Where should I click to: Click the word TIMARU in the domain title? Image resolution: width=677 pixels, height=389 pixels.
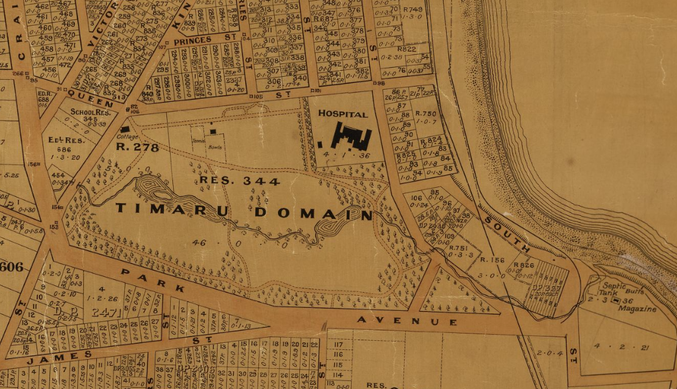click(171, 209)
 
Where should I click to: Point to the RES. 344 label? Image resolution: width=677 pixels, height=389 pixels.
click(239, 181)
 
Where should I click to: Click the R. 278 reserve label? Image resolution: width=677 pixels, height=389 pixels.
click(137, 148)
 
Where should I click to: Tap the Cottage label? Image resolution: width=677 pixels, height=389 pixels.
click(128, 137)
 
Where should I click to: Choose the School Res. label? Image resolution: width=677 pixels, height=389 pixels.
click(90, 112)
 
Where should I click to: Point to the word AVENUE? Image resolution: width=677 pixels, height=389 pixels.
click(407, 321)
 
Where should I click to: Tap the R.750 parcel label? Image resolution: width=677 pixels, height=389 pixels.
click(425, 113)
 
